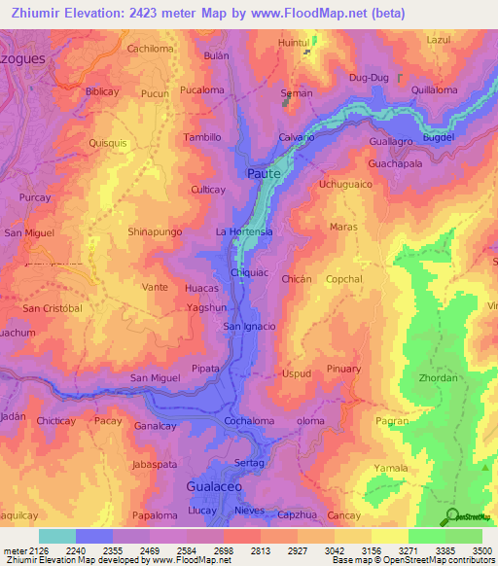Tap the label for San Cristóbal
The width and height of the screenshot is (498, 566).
(x=53, y=308)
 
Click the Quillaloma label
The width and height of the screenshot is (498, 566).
(x=435, y=89)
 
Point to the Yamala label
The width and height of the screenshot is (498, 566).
(x=391, y=468)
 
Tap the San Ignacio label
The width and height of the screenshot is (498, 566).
(x=250, y=326)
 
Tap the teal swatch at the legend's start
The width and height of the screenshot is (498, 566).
(x=57, y=536)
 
